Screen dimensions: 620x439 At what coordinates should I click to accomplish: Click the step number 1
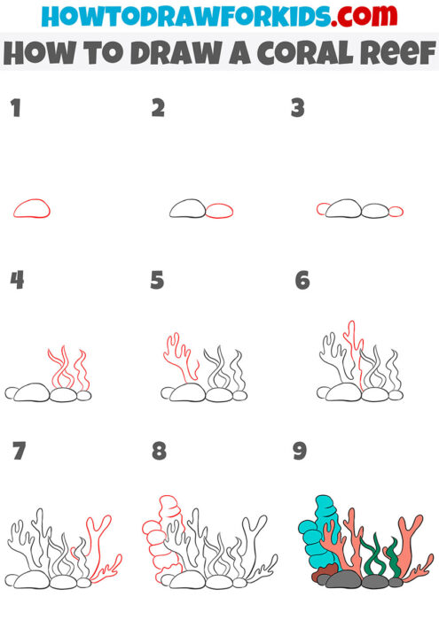click(14, 109)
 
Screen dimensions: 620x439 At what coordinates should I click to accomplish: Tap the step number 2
click(158, 109)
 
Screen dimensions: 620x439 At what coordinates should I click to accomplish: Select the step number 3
click(298, 109)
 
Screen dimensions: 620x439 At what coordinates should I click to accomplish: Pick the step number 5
click(158, 281)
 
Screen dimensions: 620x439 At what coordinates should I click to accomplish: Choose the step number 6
click(302, 281)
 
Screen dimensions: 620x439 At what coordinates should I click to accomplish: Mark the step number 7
click(19, 451)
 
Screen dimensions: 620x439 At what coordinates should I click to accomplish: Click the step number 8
click(159, 451)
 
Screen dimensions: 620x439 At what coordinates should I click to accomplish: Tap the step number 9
click(300, 451)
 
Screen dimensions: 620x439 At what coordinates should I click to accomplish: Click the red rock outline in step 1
click(31, 209)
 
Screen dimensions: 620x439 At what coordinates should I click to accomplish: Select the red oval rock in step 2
click(219, 210)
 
